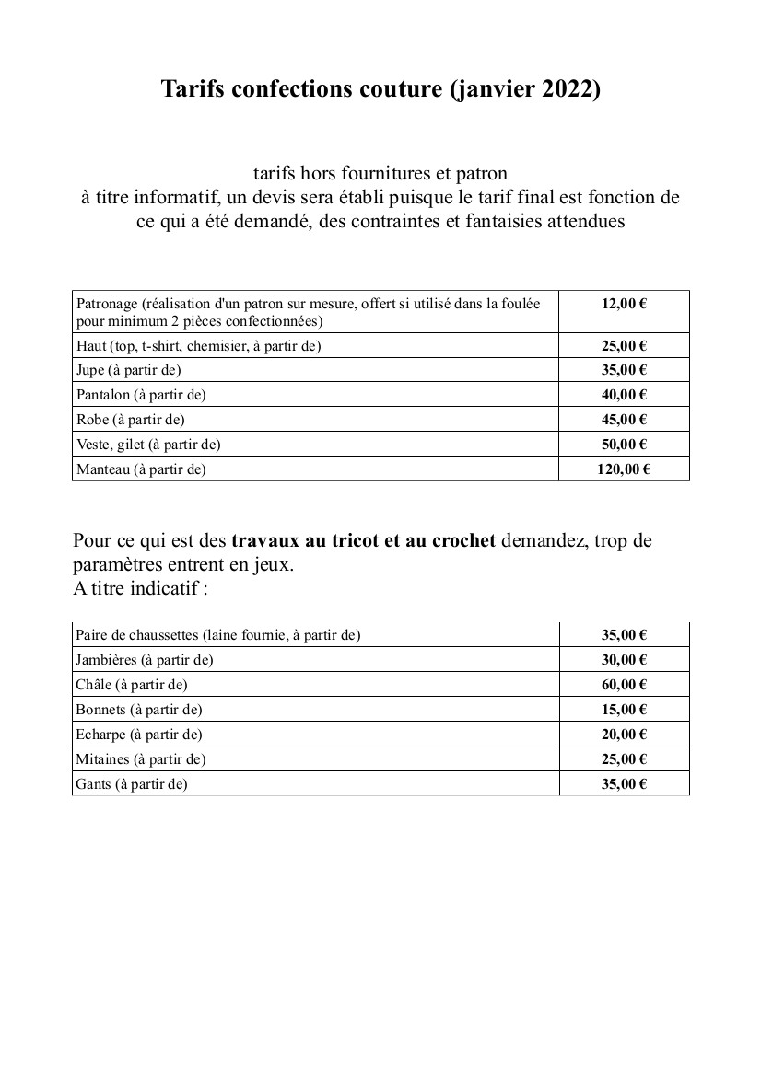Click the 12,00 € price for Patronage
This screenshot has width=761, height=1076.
pyautogui.click(x=624, y=304)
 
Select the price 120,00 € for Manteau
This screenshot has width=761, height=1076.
pyautogui.click(x=624, y=469)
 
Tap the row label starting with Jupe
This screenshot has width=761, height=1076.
pyautogui.click(x=129, y=370)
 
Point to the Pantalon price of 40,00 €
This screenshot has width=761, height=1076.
pyautogui.click(x=624, y=395)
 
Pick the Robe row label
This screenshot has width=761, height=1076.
pyautogui.click(x=131, y=420)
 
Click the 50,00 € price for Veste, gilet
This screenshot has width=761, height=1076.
pyautogui.click(x=624, y=445)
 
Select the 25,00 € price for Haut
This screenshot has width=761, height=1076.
pyautogui.click(x=624, y=346)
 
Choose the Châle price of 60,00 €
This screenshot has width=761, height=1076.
pyautogui.click(x=624, y=685)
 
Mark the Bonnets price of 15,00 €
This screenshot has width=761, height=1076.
pyautogui.click(x=624, y=710)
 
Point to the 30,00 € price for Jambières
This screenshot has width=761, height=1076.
pyautogui.click(x=624, y=660)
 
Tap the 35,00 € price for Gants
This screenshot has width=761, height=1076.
pyautogui.click(x=624, y=784)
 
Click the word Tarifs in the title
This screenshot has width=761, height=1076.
pyautogui.click(x=193, y=89)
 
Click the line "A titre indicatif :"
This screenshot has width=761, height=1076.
pyautogui.click(x=140, y=588)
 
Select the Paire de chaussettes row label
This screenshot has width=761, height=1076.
pyautogui.click(x=218, y=635)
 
